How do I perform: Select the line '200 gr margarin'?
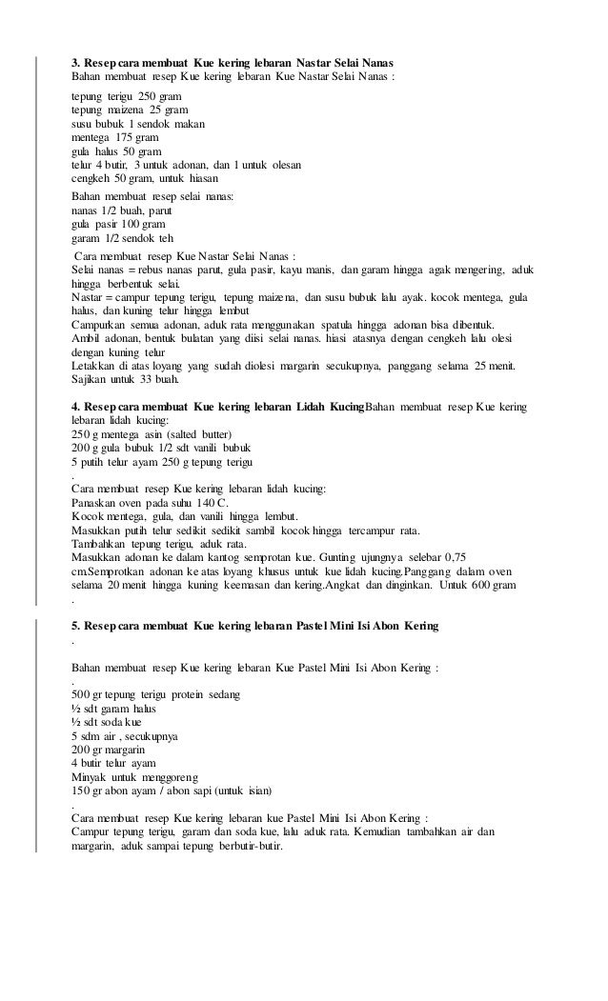pyautogui.click(x=110, y=751)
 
